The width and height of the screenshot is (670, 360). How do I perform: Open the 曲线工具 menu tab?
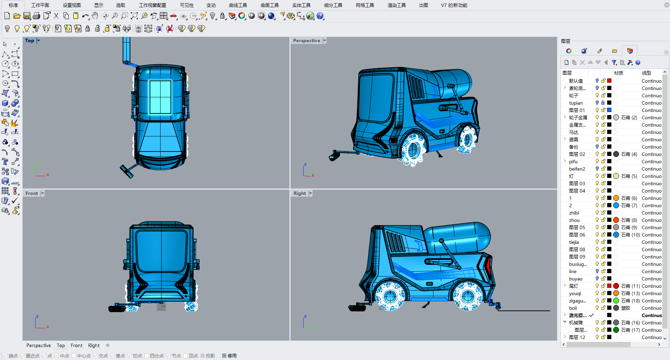click(x=238, y=5)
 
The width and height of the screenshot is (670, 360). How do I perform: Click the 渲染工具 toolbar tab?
click(x=396, y=5)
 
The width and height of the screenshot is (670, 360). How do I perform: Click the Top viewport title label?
click(x=30, y=41)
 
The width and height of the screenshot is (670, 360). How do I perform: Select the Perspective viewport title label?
click(x=306, y=41)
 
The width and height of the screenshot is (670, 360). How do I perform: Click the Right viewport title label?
click(x=299, y=194)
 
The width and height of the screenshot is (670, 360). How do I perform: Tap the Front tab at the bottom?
click(x=76, y=345)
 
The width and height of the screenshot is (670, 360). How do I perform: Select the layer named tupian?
click(x=576, y=103)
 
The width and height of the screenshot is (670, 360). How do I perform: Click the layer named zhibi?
click(x=574, y=213)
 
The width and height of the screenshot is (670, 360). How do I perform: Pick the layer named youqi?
click(x=575, y=293)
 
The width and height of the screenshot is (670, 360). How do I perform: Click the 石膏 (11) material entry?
click(x=629, y=286)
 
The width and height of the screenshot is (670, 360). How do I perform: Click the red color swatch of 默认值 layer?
click(x=609, y=81)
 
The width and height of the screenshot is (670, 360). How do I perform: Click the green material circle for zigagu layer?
click(x=616, y=301)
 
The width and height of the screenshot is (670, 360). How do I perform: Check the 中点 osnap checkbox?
click(x=57, y=356)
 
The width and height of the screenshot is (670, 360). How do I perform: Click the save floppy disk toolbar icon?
click(x=27, y=16)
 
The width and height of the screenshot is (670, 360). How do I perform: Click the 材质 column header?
click(x=619, y=73)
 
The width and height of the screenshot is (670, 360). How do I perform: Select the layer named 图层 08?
click(x=577, y=249)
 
